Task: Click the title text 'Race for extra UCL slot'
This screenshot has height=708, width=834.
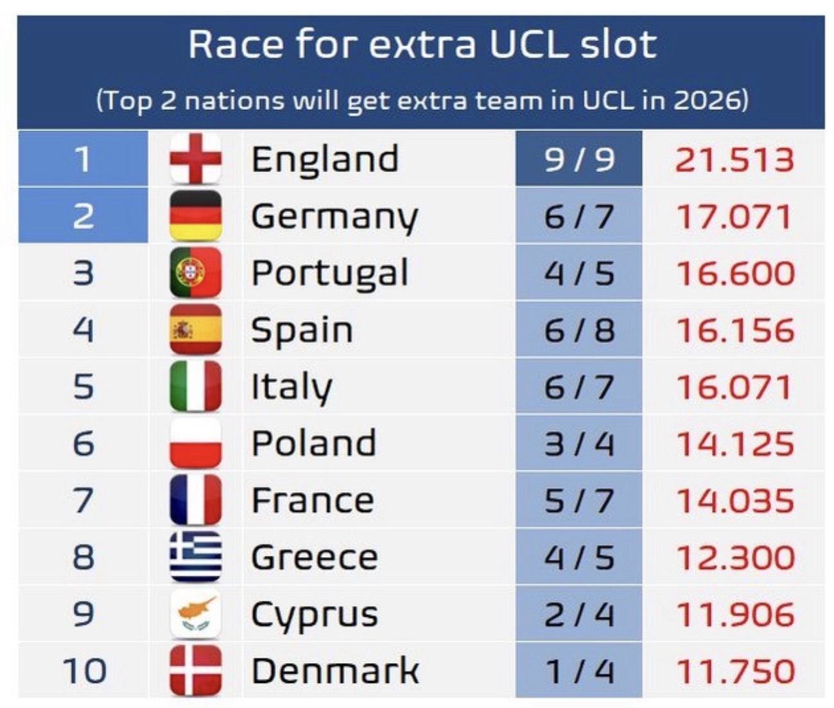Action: tap(422, 45)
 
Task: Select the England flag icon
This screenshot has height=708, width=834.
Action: tap(195, 159)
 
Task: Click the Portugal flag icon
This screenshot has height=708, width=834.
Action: tap(195, 272)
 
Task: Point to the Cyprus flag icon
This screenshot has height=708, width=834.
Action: tap(195, 614)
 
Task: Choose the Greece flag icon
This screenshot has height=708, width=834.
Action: tap(195, 557)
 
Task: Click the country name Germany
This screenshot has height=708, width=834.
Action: tap(334, 217)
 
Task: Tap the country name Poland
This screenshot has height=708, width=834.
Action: tap(313, 443)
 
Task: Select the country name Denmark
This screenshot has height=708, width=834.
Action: tap(334, 671)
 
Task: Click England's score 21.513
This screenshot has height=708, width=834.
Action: tap(734, 159)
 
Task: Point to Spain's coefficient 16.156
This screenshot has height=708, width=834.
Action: tap(735, 330)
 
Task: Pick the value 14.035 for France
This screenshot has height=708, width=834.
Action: tap(735, 500)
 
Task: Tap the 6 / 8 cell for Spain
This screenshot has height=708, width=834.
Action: tap(578, 330)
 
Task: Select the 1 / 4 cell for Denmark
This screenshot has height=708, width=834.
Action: tap(578, 671)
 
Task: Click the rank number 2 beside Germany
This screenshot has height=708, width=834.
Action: tap(83, 216)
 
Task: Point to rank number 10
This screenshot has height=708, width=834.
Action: tap(84, 670)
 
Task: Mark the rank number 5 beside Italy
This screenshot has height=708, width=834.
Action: tap(83, 387)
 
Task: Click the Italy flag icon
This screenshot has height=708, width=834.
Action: tap(195, 386)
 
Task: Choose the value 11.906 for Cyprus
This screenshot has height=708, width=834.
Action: tap(735, 614)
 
